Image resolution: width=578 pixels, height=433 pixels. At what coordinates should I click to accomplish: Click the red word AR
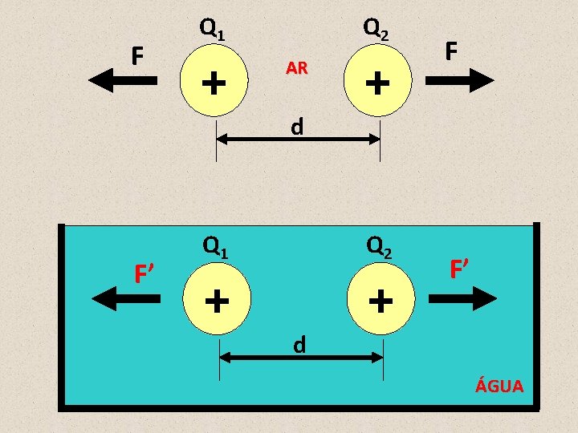coord(296,69)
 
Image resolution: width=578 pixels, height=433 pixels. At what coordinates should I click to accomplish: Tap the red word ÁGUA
coord(499,386)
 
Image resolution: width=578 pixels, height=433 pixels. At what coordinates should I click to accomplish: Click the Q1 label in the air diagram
coord(213,30)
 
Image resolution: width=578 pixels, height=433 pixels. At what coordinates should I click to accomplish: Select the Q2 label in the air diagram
coord(377,30)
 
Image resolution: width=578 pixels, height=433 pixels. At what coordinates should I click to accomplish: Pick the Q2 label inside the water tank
coord(379,246)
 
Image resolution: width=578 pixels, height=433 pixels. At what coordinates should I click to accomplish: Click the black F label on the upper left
coord(138,56)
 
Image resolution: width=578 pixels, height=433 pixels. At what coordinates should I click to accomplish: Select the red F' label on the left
coord(144,274)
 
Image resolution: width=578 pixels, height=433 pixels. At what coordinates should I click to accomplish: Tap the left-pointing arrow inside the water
coord(127,298)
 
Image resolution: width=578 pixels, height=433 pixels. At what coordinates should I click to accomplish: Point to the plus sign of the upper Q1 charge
coord(213,81)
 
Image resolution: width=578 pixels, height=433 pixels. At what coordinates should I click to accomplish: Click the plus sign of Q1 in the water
coord(215,301)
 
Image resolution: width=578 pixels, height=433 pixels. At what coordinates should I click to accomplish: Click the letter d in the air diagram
coord(297,127)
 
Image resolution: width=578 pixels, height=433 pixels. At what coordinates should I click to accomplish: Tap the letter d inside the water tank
coord(299,345)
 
